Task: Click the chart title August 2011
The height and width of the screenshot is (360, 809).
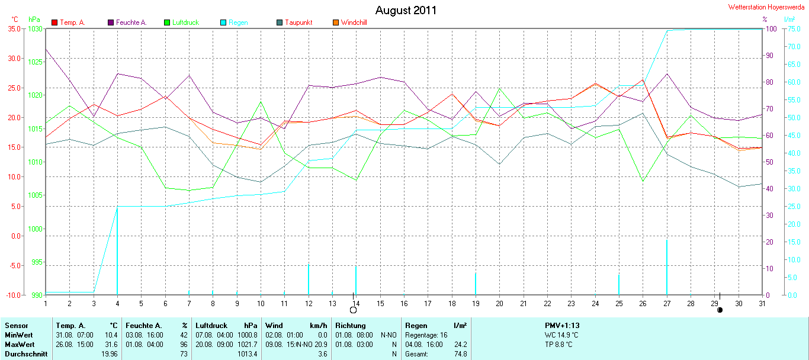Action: click(x=406, y=10)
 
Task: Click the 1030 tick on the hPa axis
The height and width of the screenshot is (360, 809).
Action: click(x=35, y=28)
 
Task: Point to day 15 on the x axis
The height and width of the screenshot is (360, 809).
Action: click(x=380, y=303)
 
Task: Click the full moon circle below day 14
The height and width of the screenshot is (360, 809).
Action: click(x=354, y=310)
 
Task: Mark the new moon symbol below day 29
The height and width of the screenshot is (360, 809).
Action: click(x=720, y=310)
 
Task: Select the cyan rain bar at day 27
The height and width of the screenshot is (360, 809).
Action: click(x=667, y=266)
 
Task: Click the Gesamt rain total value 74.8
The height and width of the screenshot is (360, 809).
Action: click(x=460, y=354)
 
